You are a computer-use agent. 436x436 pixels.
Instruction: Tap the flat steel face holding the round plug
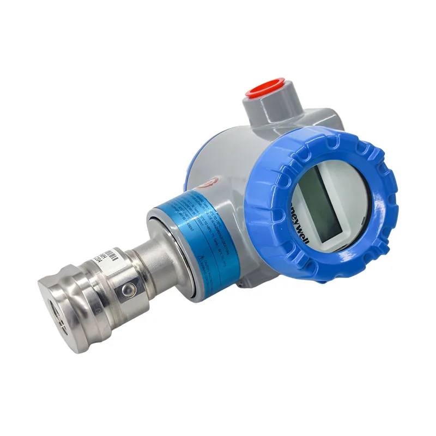point(123,289)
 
